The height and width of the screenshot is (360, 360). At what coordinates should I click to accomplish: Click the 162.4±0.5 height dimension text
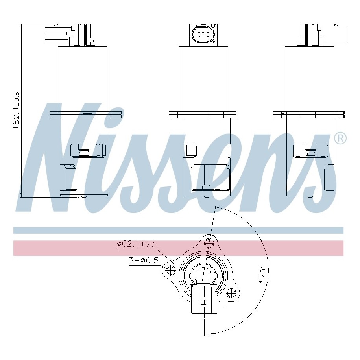click(17, 111)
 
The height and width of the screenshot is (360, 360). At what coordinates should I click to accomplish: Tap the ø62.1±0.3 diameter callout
click(136, 244)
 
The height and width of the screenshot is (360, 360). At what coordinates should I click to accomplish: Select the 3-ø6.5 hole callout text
click(144, 260)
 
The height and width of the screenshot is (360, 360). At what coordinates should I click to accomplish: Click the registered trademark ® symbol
click(341, 138)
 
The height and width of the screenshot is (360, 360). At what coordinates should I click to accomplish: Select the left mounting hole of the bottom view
click(170, 270)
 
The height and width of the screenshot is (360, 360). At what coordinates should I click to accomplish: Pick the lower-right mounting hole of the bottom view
click(231, 293)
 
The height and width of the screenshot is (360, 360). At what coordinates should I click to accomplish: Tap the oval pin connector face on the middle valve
click(203, 35)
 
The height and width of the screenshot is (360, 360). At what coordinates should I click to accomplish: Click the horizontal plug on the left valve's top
click(57, 34)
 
